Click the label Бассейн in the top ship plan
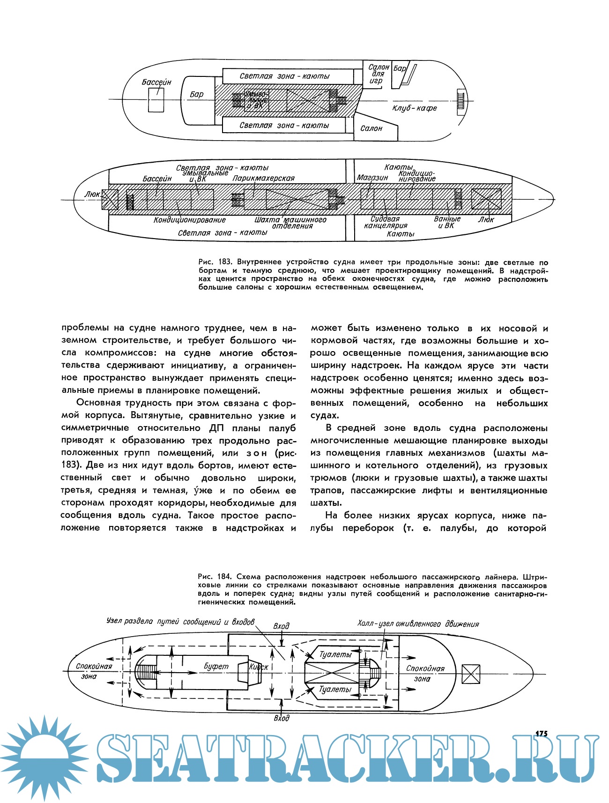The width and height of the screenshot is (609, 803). point(156,83)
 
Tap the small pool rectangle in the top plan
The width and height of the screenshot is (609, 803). point(156,99)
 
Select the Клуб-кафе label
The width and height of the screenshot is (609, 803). point(415,108)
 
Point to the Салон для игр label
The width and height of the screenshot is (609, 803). point(378,74)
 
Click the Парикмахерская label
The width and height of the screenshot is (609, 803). point(264,178)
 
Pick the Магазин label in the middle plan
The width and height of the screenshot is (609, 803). point(372,178)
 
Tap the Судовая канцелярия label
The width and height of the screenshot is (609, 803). point(386,222)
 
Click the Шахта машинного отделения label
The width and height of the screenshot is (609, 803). point(290,223)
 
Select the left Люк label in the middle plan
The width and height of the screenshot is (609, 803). point(92,194)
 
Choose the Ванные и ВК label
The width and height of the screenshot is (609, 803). point(447,222)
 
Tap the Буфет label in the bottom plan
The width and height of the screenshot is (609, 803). point(216,667)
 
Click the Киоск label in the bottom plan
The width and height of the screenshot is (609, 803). point(259,667)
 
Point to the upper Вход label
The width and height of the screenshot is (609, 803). point(281,626)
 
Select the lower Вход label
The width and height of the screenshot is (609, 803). point(281,718)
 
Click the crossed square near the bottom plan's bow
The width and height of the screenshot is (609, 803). point(470,674)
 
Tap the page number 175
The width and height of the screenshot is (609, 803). point(541,734)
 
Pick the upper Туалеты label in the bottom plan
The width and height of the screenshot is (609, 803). point(335,654)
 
